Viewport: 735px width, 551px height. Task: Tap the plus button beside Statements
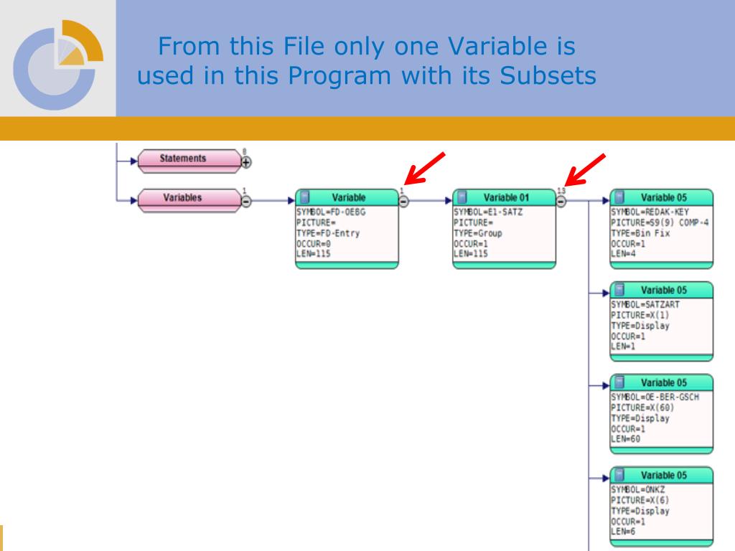pyautogui.click(x=246, y=163)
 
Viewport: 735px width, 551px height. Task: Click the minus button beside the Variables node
pyautogui.click(x=246, y=202)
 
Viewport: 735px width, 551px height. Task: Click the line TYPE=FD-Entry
pyautogui.click(x=328, y=233)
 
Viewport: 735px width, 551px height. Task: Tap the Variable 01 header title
pyautogui.click(x=506, y=197)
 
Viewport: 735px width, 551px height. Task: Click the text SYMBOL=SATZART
pyautogui.click(x=645, y=305)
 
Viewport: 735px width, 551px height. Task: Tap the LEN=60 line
pyautogui.click(x=626, y=438)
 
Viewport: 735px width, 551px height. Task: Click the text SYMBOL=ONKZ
pyautogui.click(x=637, y=490)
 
